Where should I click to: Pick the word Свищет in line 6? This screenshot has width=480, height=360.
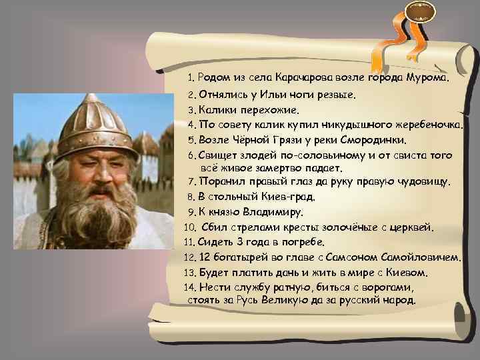[217, 156]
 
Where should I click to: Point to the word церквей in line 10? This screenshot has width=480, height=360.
[411, 228]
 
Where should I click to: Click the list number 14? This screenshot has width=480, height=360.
[189, 287]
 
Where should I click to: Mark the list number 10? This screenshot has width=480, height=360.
[189, 228]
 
